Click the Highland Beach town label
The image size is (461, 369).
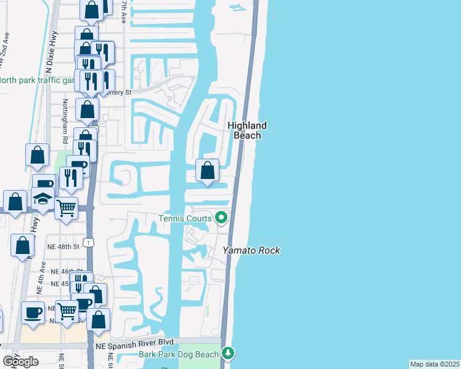pyautogui.click(x=247, y=130)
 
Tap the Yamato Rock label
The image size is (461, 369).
pyautogui.click(x=251, y=250)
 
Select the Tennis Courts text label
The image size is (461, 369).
pyautogui.click(x=185, y=218)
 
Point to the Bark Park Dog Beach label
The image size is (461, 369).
pyautogui.click(x=188, y=354)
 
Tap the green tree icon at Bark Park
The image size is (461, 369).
pyautogui.click(x=229, y=353)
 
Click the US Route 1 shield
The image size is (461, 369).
pyautogui.click(x=91, y=243)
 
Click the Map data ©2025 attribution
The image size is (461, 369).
pyautogui.click(x=434, y=364)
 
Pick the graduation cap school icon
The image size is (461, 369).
pyautogui.click(x=43, y=199)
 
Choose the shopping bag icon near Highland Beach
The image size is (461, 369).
pyautogui.click(x=208, y=170)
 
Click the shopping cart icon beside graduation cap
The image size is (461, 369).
pyautogui.click(x=67, y=207)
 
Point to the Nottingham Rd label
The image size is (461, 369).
pyautogui.click(x=64, y=119)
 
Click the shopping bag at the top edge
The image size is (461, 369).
pyautogui.click(x=91, y=9)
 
